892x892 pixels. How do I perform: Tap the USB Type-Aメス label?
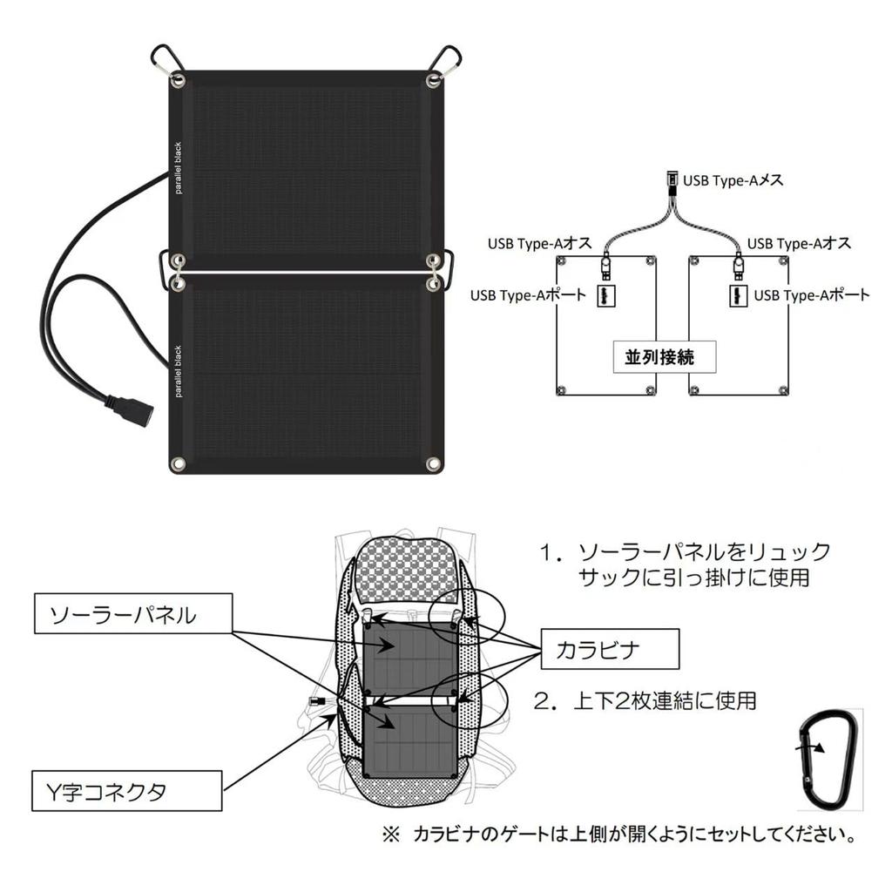[x=733, y=180]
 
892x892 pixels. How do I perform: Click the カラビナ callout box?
[x=609, y=649]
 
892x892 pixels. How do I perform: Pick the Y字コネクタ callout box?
[x=126, y=792]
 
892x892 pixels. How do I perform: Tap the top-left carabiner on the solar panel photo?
[x=167, y=64]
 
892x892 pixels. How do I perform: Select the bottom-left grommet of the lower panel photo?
[x=178, y=463]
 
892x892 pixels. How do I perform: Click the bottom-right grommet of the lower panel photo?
[x=433, y=463]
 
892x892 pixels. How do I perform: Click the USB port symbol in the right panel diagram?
[x=736, y=295]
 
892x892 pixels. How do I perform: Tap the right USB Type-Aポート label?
[x=811, y=295]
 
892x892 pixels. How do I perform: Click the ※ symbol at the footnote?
[x=389, y=835]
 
